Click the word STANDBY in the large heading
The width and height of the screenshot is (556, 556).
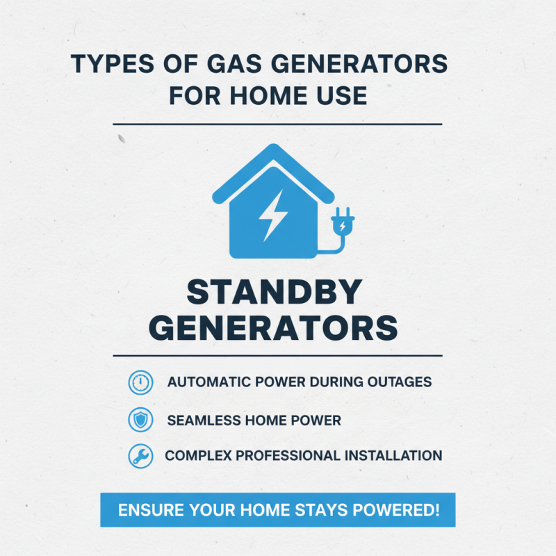(276, 292)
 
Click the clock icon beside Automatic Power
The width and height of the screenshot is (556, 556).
(140, 382)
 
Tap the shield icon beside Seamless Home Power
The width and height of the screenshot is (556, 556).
(140, 420)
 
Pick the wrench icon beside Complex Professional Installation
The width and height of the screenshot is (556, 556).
(140, 457)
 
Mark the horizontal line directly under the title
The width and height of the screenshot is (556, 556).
(277, 124)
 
